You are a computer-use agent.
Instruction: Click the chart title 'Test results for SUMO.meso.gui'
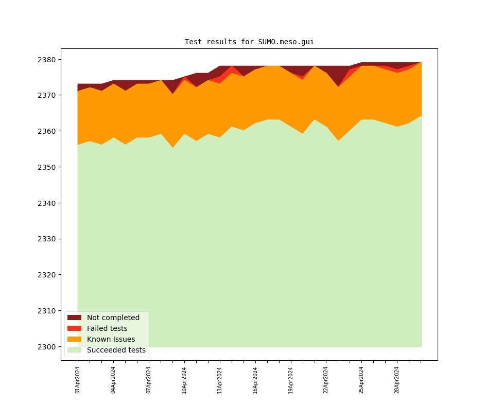249,42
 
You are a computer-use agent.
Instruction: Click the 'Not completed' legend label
113,318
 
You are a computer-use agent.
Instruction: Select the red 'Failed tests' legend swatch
74,328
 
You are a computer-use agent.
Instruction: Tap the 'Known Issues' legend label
111,339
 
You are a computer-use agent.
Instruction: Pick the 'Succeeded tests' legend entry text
116,350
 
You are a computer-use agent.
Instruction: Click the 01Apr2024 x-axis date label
78,380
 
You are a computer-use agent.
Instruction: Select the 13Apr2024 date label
220,380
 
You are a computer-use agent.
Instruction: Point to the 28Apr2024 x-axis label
397,380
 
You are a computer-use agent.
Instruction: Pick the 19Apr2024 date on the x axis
291,380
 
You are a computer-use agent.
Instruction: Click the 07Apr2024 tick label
149,380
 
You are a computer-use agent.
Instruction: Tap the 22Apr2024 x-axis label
326,380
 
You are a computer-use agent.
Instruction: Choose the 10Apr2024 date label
184,380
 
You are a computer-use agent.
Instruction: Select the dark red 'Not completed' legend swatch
74,318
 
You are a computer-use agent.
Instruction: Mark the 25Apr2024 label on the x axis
361,380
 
